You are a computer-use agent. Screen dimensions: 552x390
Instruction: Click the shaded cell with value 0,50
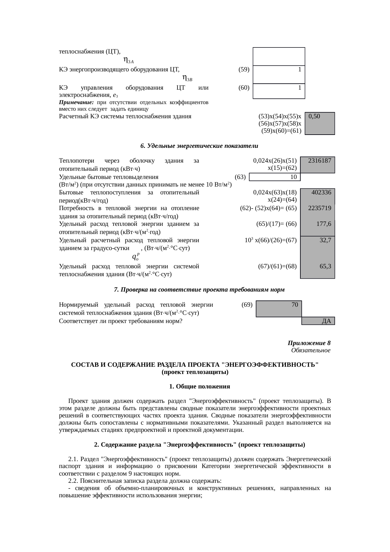tap(320, 123)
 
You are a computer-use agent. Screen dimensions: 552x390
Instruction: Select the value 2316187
tap(319, 161)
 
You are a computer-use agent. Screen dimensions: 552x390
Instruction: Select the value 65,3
tap(325, 266)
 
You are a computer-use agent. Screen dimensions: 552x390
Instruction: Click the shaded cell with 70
tap(279, 308)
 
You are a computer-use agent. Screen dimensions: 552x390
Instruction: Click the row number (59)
tap(244, 70)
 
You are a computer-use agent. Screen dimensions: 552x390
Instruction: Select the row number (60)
tap(244, 88)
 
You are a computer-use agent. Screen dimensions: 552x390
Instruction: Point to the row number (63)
tap(240, 177)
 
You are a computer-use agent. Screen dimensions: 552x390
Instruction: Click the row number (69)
tap(247, 305)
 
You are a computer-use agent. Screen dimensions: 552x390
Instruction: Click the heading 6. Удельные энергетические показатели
tap(199, 146)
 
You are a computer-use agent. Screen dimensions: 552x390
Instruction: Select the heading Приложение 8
tap(309, 343)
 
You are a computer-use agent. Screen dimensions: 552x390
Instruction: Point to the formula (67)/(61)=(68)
tap(277, 266)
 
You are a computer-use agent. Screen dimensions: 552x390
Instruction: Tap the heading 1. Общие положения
tap(199, 386)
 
